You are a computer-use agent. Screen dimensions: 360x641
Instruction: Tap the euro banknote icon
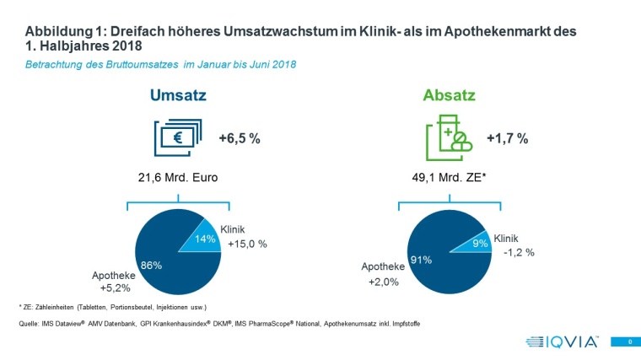coord(177,138)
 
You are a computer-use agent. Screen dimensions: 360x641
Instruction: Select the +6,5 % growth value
coord(239,139)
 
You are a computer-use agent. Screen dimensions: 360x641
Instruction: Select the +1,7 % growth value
coord(508,139)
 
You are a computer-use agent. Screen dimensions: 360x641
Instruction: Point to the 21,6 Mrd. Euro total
coord(178,178)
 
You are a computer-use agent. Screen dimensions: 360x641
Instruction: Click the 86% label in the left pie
coord(152,266)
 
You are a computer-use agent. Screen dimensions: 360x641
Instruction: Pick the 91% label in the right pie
coord(421,260)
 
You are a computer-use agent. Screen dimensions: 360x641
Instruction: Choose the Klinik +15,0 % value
coord(246,244)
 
